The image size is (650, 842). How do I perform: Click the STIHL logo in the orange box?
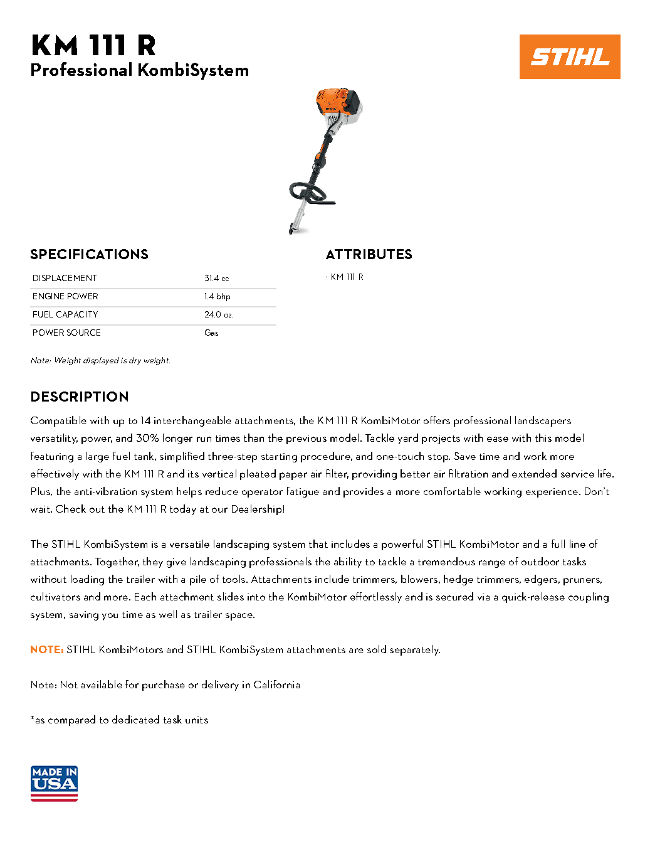pyautogui.click(x=570, y=57)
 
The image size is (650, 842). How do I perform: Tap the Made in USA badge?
pyautogui.click(x=54, y=783)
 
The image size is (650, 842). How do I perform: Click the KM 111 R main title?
pyautogui.click(x=93, y=46)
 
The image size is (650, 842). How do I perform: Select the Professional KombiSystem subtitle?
pyautogui.click(x=139, y=70)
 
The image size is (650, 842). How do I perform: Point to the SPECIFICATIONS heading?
pyautogui.click(x=89, y=254)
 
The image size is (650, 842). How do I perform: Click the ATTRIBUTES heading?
pyautogui.click(x=369, y=254)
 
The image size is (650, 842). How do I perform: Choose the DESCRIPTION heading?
pyautogui.click(x=80, y=397)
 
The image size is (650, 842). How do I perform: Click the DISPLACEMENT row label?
pyautogui.click(x=65, y=278)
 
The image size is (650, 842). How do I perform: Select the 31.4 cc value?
pyautogui.click(x=216, y=278)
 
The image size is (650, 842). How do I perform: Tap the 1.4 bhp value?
pyautogui.click(x=217, y=296)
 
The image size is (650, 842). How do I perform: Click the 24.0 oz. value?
pyautogui.click(x=219, y=314)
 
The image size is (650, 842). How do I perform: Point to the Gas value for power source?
pyautogui.click(x=211, y=333)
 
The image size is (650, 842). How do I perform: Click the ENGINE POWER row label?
pyautogui.click(x=65, y=296)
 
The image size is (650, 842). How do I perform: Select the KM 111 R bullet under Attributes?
pyautogui.click(x=347, y=277)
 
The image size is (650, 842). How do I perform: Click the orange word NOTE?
pyautogui.click(x=47, y=649)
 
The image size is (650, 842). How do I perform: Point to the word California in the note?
pyautogui.click(x=276, y=685)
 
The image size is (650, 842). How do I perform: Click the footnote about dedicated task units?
pyautogui.click(x=119, y=720)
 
